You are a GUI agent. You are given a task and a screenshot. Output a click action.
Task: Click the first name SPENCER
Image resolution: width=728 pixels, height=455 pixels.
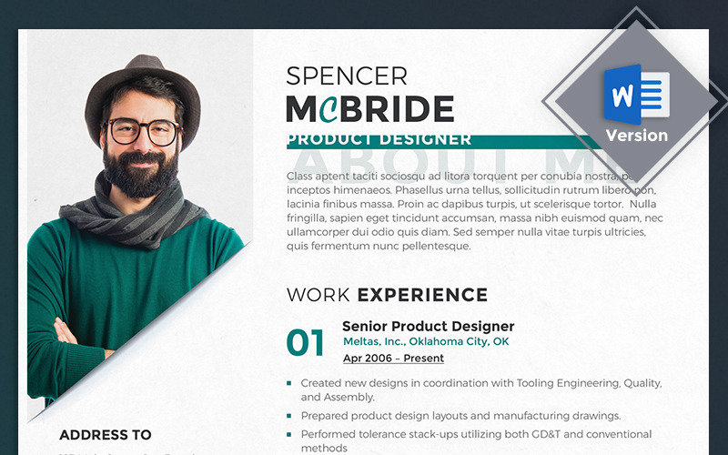pyautogui.click(x=347, y=76)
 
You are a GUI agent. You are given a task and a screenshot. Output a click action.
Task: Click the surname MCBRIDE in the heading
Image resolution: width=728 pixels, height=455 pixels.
pyautogui.click(x=369, y=109)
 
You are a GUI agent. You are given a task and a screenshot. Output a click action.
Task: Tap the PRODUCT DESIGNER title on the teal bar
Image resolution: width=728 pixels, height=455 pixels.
pyautogui.click(x=379, y=139)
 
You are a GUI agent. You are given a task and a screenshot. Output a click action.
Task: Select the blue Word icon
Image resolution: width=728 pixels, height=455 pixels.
pyautogui.click(x=636, y=96)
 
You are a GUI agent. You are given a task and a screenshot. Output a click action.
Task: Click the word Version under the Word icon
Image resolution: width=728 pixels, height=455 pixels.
pyautogui.click(x=636, y=136)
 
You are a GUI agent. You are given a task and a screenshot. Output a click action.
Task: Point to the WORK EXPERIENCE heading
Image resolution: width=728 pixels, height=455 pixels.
pyautogui.click(x=387, y=295)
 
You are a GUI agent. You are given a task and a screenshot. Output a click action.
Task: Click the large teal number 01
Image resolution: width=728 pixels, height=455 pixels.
pyautogui.click(x=306, y=343)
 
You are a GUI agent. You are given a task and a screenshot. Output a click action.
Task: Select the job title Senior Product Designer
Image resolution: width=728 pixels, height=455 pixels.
pyautogui.click(x=428, y=326)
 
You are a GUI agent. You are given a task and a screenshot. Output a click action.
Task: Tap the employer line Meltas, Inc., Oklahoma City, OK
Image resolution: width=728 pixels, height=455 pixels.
pyautogui.click(x=426, y=342)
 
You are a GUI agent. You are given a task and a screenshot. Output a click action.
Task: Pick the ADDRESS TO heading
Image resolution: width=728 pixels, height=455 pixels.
pyautogui.click(x=106, y=435)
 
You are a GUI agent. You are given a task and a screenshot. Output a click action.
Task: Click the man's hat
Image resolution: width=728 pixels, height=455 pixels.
pyautogui.click(x=142, y=86)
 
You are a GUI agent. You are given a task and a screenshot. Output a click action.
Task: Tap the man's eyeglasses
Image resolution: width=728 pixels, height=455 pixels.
pyautogui.click(x=144, y=132)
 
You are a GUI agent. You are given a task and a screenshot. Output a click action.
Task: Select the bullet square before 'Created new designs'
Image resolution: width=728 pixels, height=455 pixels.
pyautogui.click(x=289, y=384)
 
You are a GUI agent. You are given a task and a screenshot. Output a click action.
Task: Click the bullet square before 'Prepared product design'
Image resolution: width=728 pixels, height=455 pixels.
pyautogui.click(x=289, y=416)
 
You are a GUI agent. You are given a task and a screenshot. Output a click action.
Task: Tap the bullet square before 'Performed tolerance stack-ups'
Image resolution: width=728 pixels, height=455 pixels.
pyautogui.click(x=289, y=435)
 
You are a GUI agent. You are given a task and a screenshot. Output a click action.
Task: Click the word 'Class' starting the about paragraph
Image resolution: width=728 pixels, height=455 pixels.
pyautogui.click(x=302, y=175)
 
